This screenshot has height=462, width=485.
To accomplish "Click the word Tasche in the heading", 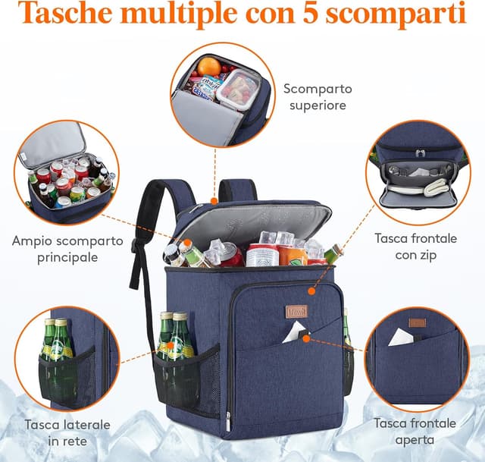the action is pyautogui.click(x=65, y=13).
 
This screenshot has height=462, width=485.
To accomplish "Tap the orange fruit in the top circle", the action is pyautogui.click(x=209, y=67).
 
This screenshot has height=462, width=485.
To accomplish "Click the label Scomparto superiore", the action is pyautogui.click(x=318, y=97).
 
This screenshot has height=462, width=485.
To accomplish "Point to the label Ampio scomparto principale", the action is pyautogui.click(x=67, y=249).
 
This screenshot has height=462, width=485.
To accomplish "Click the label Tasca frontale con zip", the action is pyautogui.click(x=416, y=247).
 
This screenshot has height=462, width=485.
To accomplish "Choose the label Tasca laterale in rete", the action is pyautogui.click(x=67, y=432).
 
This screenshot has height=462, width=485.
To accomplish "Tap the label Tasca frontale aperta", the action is pyautogui.click(x=415, y=432).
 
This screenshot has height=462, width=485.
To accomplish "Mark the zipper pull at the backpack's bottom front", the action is pyautogui.click(x=228, y=422).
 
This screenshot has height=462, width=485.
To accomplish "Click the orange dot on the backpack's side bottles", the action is pyautogui.click(x=171, y=346).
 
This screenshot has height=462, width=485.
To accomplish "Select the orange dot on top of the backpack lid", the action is pyautogui.click(x=214, y=201).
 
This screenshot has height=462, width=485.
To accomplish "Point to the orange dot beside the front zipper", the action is pyautogui.click(x=311, y=291).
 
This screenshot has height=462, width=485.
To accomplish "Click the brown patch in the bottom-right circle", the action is pyautogui.click(x=417, y=322).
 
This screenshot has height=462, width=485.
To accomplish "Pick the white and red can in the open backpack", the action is pyautogui.click(x=262, y=255).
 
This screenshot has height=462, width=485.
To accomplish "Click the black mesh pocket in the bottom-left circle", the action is pyautogui.click(x=67, y=376).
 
